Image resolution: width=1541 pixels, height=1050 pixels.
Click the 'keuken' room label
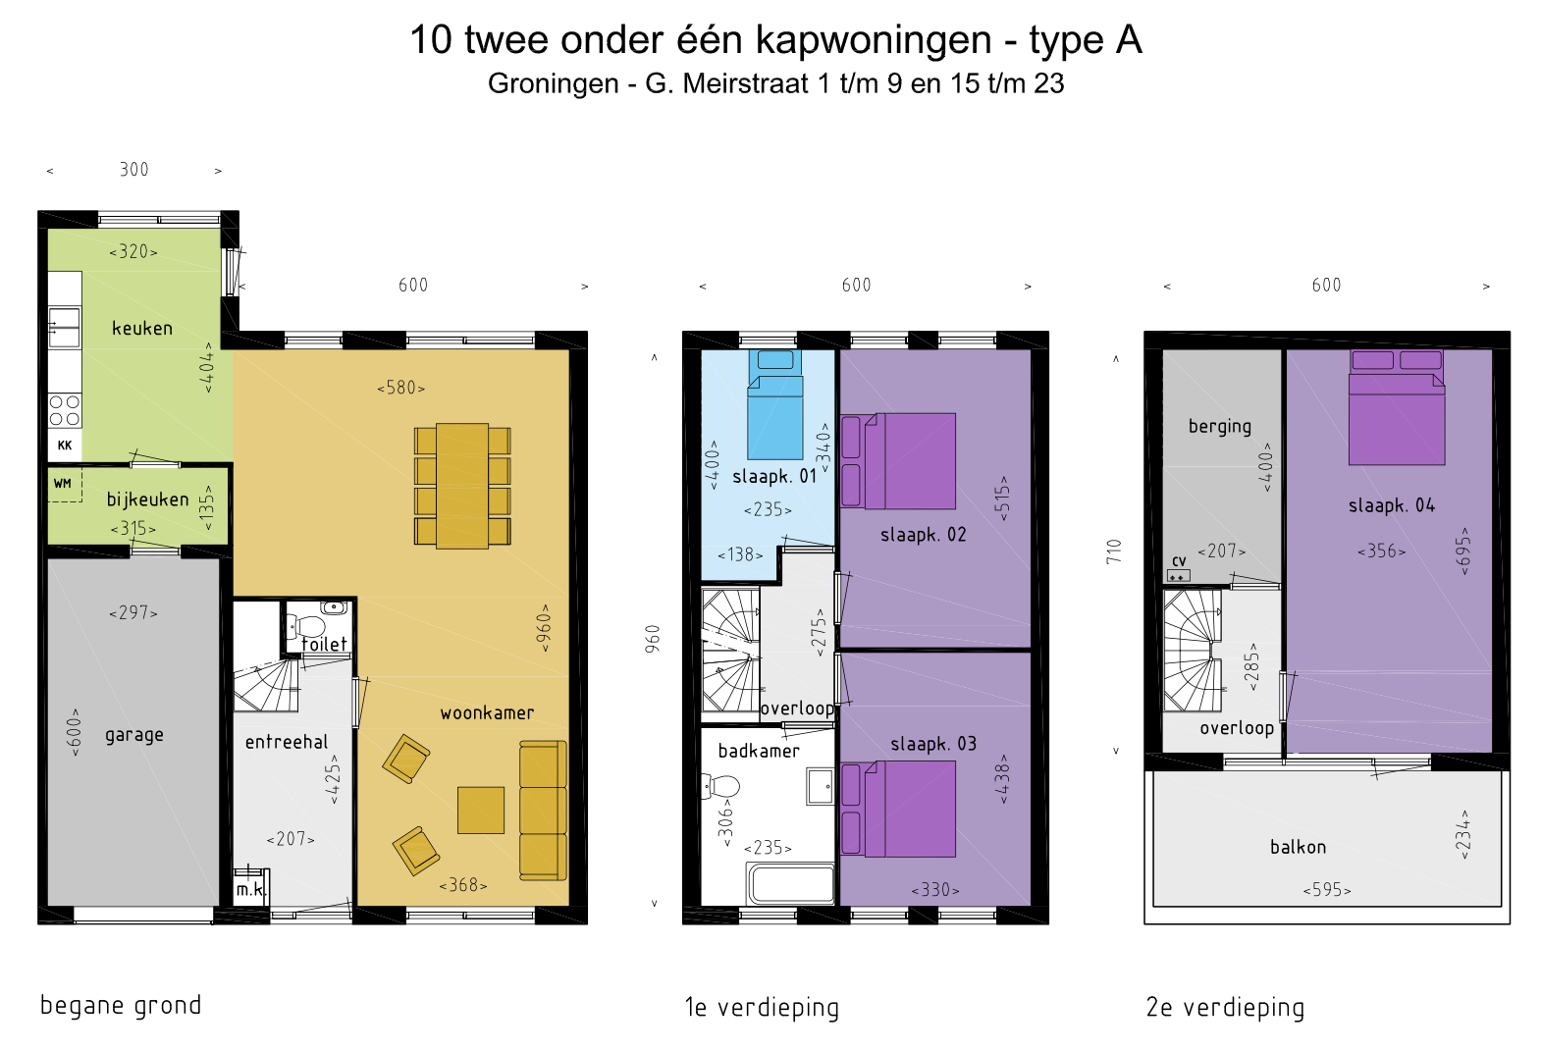(141, 328)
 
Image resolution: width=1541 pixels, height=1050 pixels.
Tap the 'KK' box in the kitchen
(65, 446)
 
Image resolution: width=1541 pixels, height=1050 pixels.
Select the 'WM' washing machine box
(65, 485)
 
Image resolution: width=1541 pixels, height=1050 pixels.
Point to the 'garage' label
(134, 735)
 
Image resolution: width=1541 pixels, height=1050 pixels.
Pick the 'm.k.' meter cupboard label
(250, 890)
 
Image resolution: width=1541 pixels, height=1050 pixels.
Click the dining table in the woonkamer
(462, 486)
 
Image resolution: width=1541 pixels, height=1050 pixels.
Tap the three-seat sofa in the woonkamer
(543, 811)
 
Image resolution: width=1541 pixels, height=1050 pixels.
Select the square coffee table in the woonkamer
(481, 810)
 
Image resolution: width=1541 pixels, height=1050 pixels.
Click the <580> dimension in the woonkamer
(401, 388)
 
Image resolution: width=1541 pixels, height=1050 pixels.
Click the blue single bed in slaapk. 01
(775, 404)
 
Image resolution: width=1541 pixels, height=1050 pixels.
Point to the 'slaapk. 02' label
(924, 534)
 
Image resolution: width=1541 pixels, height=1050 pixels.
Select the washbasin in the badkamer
(820, 786)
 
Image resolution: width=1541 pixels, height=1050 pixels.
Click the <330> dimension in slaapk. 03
(935, 890)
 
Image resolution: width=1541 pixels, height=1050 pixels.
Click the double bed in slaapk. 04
(1397, 408)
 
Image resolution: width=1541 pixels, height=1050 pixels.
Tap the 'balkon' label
(1299, 847)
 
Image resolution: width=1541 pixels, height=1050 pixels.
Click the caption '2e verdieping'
(1225, 1008)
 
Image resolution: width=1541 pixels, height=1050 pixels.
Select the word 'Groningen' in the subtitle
(554, 83)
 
